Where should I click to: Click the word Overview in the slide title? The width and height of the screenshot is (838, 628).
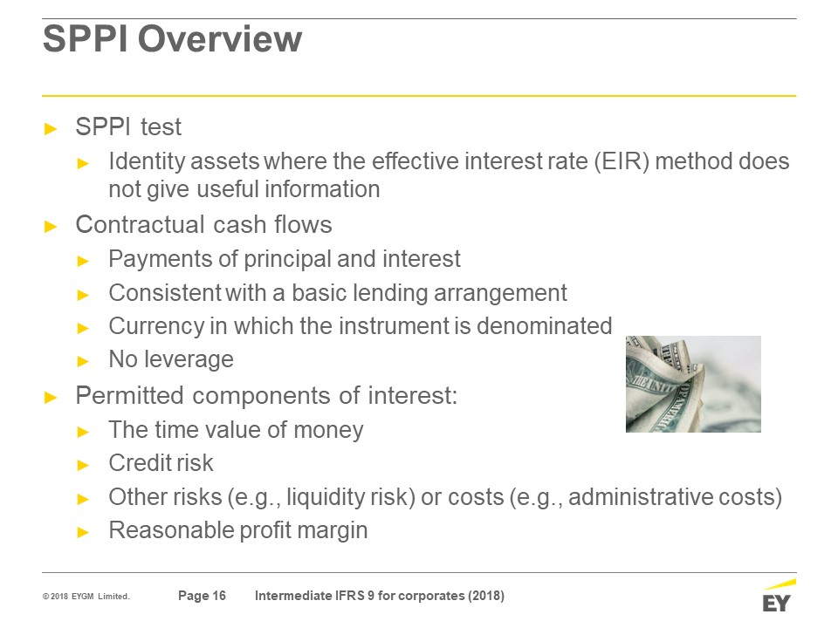click(220, 39)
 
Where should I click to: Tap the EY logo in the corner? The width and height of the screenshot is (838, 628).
click(778, 596)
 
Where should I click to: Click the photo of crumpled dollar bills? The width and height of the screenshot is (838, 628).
click(693, 384)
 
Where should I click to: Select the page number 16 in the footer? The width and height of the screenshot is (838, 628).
click(219, 596)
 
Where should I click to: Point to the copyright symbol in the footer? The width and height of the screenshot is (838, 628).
click(46, 597)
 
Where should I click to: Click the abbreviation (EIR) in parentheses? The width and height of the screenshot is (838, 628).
click(622, 161)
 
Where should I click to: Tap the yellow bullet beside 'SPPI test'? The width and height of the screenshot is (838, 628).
click(51, 129)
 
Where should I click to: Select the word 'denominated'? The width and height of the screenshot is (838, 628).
click(544, 325)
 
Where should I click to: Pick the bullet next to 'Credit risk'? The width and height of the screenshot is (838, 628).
click(83, 465)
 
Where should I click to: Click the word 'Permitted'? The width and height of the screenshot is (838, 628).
click(130, 396)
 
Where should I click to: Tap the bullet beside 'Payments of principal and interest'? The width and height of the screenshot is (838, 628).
click(83, 261)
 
